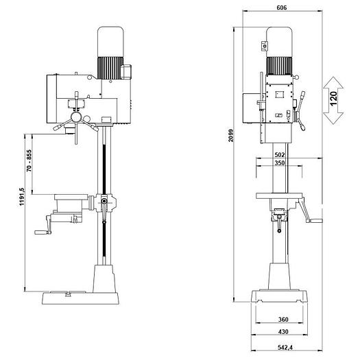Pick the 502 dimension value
(279, 154)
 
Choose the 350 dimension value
(279, 163)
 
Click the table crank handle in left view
(43, 225)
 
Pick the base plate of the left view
(80, 298)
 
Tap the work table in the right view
(279, 195)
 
